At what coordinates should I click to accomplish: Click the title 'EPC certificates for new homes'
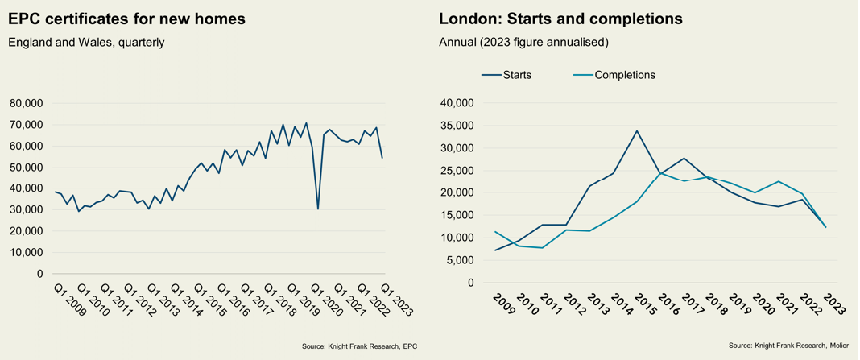(126, 18)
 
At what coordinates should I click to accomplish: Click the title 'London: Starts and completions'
(560, 18)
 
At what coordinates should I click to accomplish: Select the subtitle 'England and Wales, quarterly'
(86, 42)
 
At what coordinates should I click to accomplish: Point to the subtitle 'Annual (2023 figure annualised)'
(523, 42)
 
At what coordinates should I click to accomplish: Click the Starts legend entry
(506, 75)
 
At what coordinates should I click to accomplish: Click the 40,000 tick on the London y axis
(458, 103)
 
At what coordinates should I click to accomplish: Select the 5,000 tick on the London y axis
(461, 260)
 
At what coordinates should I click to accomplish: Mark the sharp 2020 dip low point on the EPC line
(318, 209)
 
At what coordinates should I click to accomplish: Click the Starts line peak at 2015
(637, 131)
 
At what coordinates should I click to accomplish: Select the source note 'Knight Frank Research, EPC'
(359, 346)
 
